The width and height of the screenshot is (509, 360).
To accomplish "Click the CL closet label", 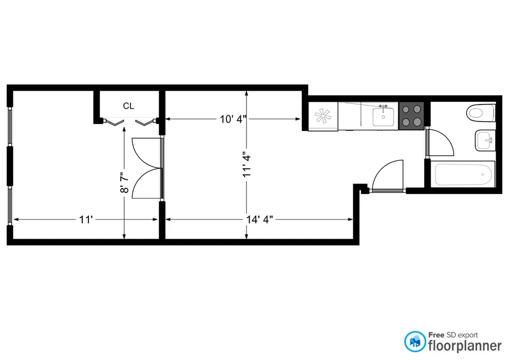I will tap(128, 106).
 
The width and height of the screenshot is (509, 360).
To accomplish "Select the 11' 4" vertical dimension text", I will tap(245, 165).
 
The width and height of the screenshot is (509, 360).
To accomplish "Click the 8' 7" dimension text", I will tap(125, 182).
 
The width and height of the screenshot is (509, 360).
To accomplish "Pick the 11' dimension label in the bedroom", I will tap(86, 219).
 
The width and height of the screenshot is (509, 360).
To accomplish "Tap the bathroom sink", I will tap(485, 141).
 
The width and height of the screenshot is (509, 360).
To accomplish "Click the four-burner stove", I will tap(411, 116).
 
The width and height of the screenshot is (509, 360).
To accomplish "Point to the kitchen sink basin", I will tap(383, 116).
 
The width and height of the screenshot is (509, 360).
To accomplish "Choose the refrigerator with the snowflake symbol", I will tap(322, 116).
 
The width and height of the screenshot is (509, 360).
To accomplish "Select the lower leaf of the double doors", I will tap(145, 184).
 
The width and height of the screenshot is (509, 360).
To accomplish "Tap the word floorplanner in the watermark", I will tap(464, 346).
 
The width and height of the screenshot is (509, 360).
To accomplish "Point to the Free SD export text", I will tap(454, 335).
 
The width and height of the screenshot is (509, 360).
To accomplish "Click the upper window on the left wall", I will tap(10, 126).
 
